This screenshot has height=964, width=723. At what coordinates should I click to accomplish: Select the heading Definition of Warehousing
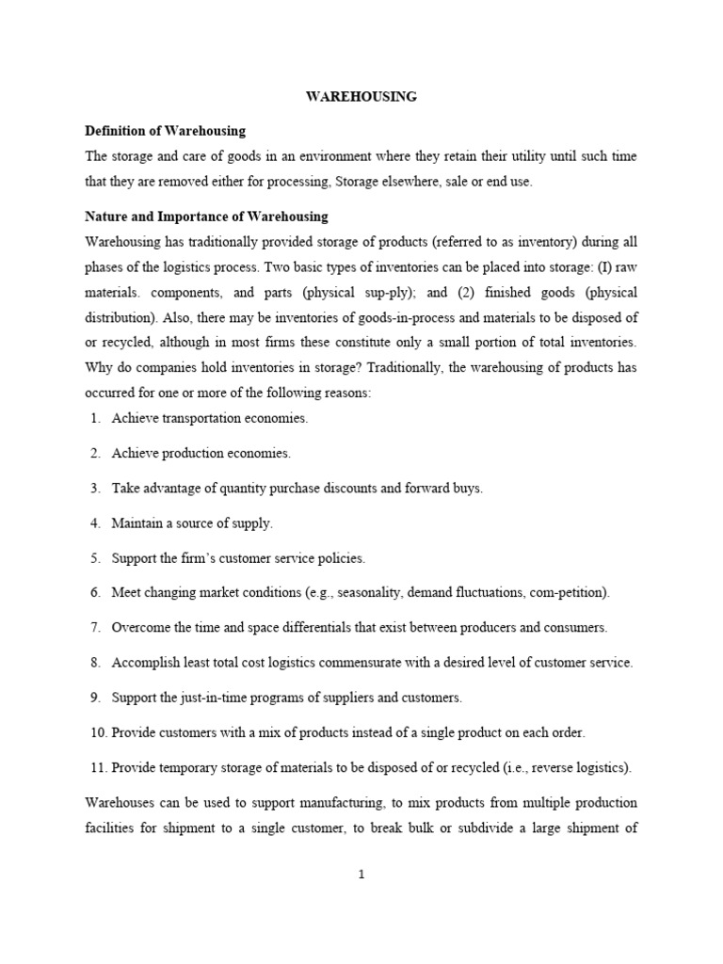165,130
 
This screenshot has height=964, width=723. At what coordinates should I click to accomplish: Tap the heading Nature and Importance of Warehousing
206,217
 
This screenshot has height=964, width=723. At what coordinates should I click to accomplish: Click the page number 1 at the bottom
361,874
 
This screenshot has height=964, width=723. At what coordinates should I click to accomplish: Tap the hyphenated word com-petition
568,593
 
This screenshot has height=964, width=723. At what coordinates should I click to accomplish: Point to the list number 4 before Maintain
96,523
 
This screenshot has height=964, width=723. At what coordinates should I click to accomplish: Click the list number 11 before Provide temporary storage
98,767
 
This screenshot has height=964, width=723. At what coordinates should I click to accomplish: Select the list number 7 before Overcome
96,628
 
